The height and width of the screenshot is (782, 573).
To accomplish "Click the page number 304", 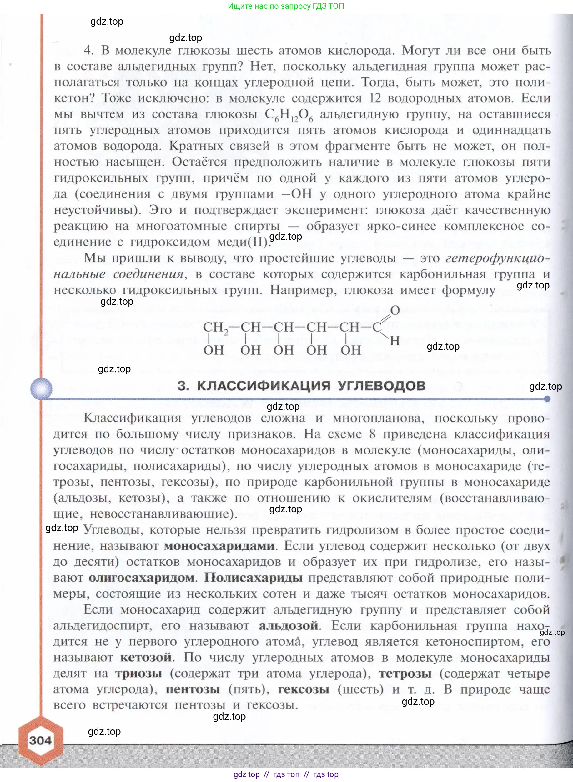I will click(x=40, y=740).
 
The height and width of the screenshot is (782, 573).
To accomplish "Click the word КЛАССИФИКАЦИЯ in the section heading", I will click(x=263, y=386).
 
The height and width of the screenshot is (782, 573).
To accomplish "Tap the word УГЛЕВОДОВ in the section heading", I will click(x=382, y=386).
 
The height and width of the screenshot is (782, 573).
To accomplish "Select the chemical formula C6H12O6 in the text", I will click(x=289, y=115).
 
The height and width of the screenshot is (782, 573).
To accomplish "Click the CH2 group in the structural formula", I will click(x=215, y=327).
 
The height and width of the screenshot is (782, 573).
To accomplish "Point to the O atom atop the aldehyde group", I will click(x=395, y=310).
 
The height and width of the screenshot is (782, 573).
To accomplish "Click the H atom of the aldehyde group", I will click(x=395, y=341).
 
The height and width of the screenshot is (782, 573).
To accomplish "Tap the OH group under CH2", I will click(x=213, y=350).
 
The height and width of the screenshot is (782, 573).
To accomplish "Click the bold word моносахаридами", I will click(x=219, y=545).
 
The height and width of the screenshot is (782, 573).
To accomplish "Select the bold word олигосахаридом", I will click(x=142, y=577).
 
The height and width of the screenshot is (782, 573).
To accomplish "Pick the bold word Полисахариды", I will click(x=253, y=577).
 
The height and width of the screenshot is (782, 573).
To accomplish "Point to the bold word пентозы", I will click(x=193, y=689).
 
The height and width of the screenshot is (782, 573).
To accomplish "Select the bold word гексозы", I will click(x=304, y=689).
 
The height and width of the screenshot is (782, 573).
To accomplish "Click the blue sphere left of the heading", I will click(x=41, y=388).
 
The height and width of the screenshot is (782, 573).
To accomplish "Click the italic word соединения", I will click(x=148, y=274).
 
